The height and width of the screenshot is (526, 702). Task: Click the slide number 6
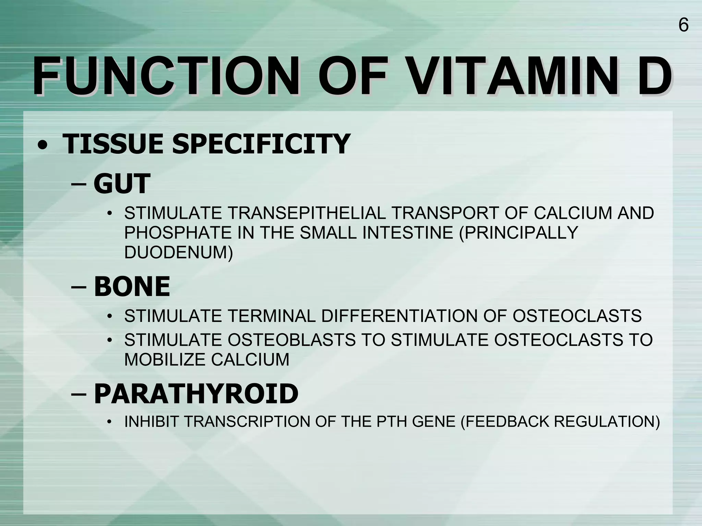(x=683, y=25)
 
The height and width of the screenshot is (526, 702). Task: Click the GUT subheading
(x=122, y=184)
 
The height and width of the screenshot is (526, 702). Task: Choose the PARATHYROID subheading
(x=196, y=394)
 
